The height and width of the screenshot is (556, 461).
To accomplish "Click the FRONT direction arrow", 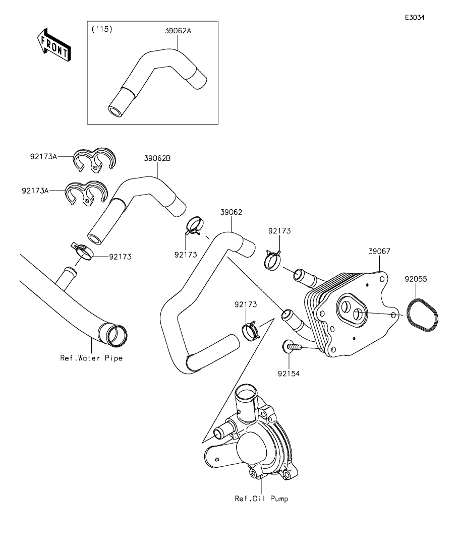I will [x=54, y=44].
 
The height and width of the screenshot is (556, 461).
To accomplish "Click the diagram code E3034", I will [x=414, y=17].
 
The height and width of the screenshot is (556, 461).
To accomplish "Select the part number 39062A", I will [x=178, y=31].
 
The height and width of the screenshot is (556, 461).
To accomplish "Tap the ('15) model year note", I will [x=101, y=30].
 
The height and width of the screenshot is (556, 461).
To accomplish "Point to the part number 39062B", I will [x=157, y=158].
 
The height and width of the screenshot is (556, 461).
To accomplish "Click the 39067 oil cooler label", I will [x=379, y=251].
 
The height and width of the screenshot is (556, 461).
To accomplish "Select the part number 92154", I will [x=289, y=374].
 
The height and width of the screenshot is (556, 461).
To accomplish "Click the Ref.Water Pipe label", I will [x=91, y=358].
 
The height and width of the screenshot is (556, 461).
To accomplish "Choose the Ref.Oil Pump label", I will [x=262, y=499].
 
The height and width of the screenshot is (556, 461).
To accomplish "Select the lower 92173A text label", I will [x=35, y=191].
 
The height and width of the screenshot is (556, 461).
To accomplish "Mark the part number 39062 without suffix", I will [x=231, y=212].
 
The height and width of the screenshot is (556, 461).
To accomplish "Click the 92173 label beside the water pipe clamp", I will [x=120, y=257].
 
